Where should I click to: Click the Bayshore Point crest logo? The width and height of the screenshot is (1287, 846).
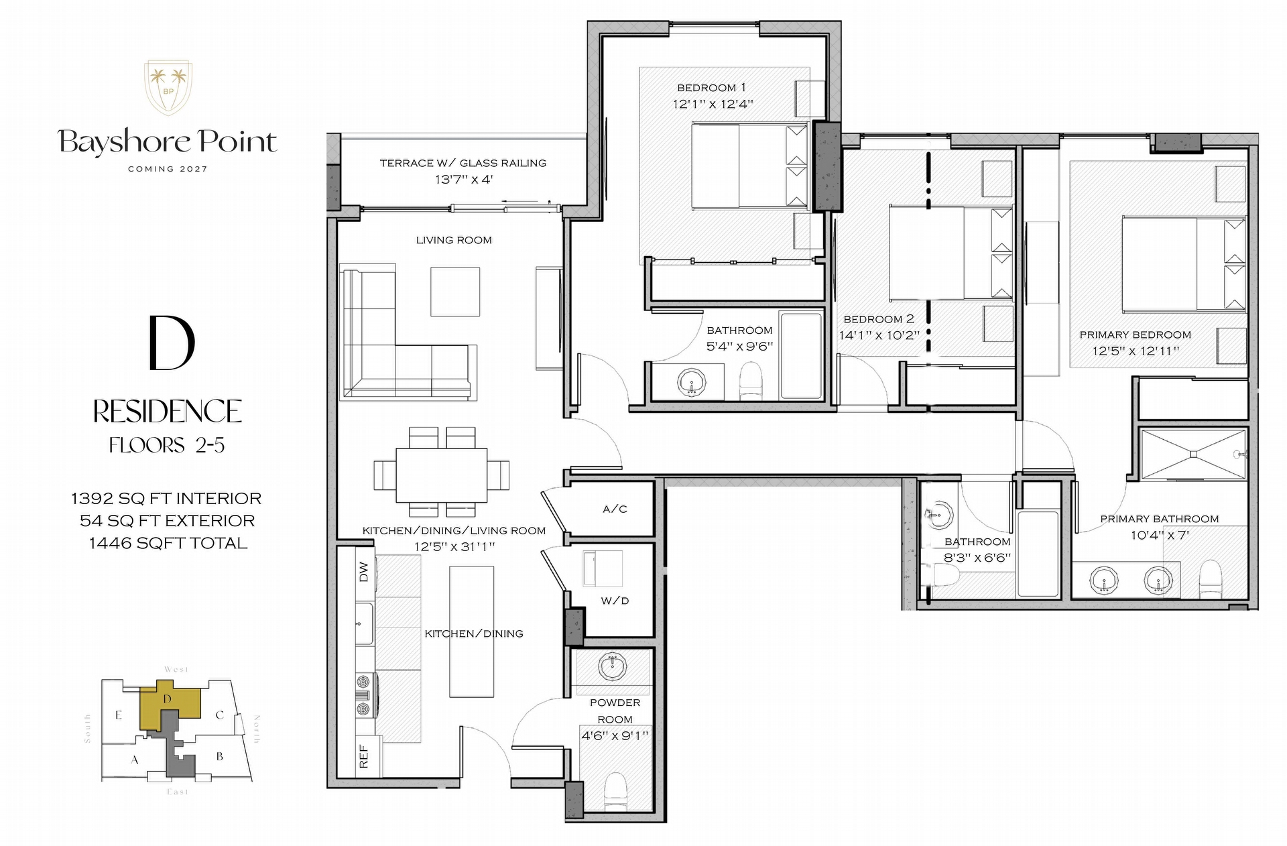point(168,87)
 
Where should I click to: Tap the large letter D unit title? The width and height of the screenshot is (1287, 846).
point(172,343)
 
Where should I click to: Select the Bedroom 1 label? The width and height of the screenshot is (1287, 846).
point(711,88)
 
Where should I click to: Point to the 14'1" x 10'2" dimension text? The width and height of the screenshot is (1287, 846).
point(879,335)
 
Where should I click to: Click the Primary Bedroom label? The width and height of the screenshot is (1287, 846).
point(1135,335)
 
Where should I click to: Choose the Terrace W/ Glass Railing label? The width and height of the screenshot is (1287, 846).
point(463,163)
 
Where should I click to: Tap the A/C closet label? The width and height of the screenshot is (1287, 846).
point(615,509)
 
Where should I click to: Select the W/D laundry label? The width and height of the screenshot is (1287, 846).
point(615,601)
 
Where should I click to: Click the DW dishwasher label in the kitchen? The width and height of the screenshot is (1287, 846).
point(364,572)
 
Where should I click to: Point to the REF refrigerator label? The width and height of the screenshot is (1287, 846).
point(364,756)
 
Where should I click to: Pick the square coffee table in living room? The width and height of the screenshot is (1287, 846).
point(455,292)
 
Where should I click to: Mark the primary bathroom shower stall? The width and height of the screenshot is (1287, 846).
point(1193,455)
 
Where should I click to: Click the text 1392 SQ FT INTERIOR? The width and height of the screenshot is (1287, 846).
point(166,499)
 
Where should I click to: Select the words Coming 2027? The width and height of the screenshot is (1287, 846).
point(168,169)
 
